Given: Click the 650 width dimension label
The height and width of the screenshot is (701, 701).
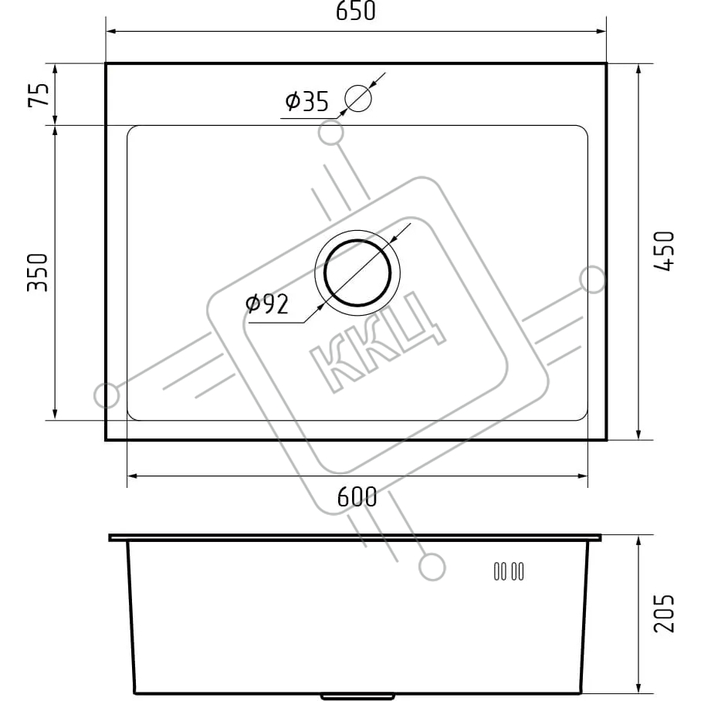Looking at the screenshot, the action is pyautogui.click(x=356, y=11).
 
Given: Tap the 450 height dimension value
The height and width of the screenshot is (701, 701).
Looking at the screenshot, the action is pyautogui.click(x=664, y=251).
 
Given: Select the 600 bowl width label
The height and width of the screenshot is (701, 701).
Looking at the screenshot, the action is pyautogui.click(x=357, y=496).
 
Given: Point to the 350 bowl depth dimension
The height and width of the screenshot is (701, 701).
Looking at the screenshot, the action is pyautogui.click(x=38, y=273).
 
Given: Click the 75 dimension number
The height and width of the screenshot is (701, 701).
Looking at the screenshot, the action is pyautogui.click(x=39, y=95).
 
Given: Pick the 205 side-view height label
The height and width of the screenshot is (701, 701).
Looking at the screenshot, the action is pyautogui.click(x=664, y=613).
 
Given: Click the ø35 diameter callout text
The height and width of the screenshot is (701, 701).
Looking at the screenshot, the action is pyautogui.click(x=306, y=101).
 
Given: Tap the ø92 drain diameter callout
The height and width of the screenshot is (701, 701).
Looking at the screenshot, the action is pyautogui.click(x=267, y=304).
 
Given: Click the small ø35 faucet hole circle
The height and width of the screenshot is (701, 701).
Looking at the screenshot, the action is pyautogui.click(x=358, y=98).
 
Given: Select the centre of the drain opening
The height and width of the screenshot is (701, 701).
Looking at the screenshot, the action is pyautogui.click(x=357, y=273).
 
